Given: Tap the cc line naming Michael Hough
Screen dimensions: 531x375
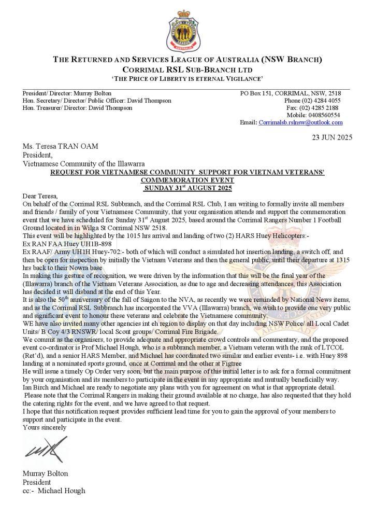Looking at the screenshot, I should tap(54, 490).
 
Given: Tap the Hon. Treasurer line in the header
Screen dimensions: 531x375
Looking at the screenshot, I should tap(77, 108).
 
